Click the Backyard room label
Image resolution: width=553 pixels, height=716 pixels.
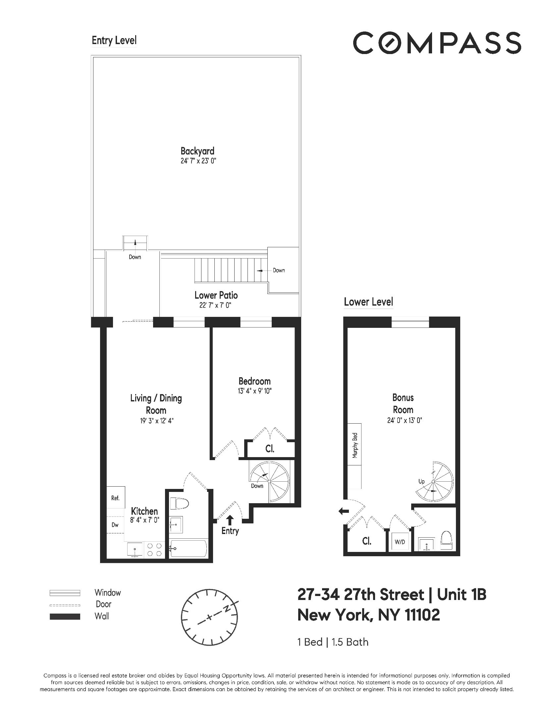pyautogui.click(x=197, y=151)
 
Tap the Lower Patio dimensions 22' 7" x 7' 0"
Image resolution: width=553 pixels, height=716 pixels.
pyautogui.click(x=215, y=305)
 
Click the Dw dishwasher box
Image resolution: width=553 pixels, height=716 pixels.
pyautogui.click(x=115, y=525)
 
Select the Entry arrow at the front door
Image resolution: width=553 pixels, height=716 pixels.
pyautogui.click(x=230, y=519)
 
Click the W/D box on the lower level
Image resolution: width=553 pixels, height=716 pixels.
pyautogui.click(x=400, y=542)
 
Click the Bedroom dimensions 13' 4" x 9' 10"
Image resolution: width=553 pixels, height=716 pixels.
pyautogui.click(x=254, y=391)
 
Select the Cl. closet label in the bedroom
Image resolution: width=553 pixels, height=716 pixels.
pyautogui.click(x=270, y=449)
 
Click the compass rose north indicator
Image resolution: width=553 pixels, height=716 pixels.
pyautogui.click(x=227, y=609)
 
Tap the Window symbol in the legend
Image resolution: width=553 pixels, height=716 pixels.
pyautogui.click(x=65, y=592)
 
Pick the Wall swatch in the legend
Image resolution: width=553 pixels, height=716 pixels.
pyautogui.click(x=65, y=617)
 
